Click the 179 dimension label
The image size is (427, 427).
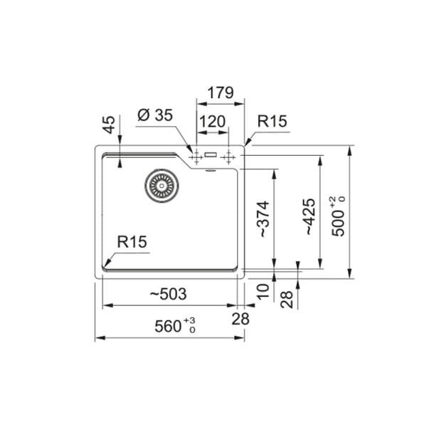click(221, 93)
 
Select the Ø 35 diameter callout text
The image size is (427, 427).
click(155, 115)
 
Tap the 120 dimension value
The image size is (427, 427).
click(212, 122)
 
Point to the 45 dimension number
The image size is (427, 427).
click(110, 125)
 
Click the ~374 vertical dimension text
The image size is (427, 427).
click(263, 219)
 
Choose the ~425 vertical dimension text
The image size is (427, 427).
click(310, 216)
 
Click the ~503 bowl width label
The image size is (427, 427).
click(169, 294)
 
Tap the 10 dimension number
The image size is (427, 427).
click(263, 292)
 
